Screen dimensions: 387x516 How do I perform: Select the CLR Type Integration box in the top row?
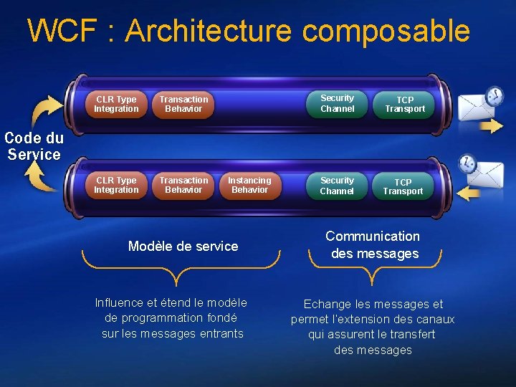pos(116,105)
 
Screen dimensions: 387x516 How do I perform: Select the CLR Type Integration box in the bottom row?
pos(116,186)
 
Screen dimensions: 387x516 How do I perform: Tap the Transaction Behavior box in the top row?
pos(183,105)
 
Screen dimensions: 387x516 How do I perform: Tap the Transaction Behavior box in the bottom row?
pos(183,186)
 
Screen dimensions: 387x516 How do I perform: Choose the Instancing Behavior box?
pos(249,186)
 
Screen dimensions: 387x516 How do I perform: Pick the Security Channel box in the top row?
pos(337,104)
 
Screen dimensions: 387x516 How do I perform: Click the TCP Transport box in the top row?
pos(405,105)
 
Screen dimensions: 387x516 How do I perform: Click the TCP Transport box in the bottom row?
pos(403,187)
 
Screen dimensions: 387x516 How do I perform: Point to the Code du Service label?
pos(34,146)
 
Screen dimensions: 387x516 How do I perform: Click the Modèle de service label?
pos(183,247)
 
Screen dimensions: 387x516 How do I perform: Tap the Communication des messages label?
pos(373,245)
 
